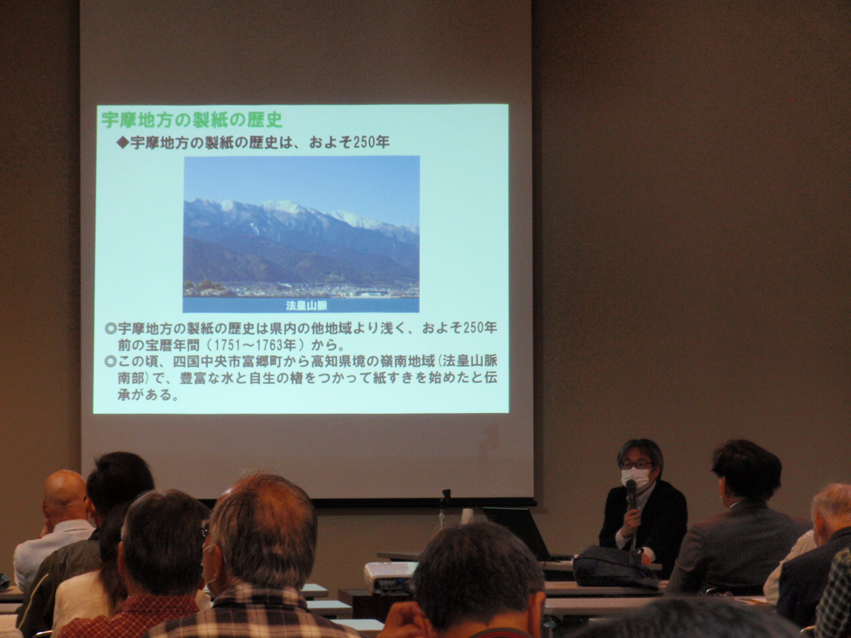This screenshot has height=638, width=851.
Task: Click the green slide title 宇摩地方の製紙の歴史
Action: [x=192, y=120]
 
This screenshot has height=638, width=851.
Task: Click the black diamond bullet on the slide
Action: [x=123, y=142]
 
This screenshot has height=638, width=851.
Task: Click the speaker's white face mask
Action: [x=636, y=478]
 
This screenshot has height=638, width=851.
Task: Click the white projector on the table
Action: [x=390, y=576]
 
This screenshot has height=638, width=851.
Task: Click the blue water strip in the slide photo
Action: [x=301, y=304]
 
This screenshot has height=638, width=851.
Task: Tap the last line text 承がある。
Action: [x=148, y=395]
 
